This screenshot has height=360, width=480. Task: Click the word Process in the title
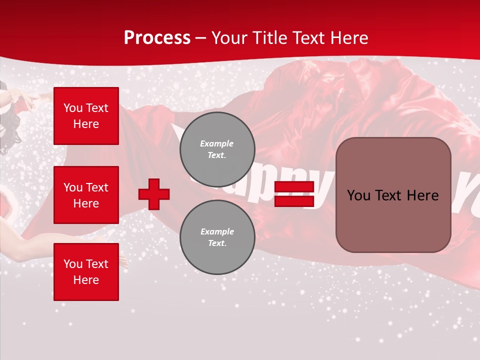point(157,38)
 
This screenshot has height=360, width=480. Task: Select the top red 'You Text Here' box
point(86,116)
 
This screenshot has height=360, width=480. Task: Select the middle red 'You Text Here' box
point(86,195)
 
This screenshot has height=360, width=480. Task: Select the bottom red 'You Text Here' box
point(86,271)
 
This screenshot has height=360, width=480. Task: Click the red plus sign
point(154,194)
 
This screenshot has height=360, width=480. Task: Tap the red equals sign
point(294,194)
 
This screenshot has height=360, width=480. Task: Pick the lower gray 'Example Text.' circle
point(217,237)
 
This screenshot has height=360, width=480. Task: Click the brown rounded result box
point(393,195)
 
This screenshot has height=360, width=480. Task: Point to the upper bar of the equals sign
point(294,187)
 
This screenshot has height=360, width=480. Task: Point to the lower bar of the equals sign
point(294,201)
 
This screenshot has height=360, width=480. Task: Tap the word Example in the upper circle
point(217,143)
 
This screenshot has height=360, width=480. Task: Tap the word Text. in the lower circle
point(217,243)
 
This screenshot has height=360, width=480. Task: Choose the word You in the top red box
point(72,108)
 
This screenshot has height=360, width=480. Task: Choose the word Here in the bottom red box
point(86,280)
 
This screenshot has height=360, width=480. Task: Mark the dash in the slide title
point(201,38)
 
